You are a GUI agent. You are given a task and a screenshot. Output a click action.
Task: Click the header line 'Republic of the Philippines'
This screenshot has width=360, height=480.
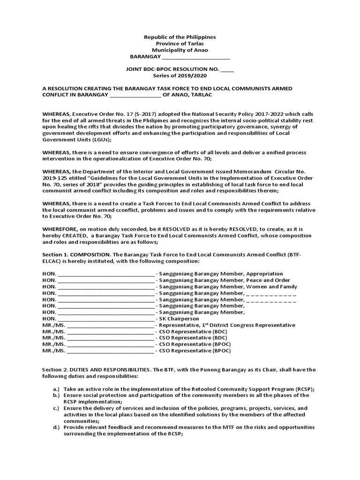coord(180,37)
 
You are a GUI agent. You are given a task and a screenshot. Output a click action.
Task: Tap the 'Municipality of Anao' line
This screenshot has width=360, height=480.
coord(180,50)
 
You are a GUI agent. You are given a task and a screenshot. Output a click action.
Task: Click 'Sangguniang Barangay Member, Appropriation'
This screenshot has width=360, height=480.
coord(221,273)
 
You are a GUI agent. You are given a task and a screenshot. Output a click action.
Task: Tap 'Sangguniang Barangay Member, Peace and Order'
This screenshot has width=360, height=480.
coord(225,280)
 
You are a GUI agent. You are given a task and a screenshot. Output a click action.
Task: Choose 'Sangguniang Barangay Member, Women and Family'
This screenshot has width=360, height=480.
coord(228,286)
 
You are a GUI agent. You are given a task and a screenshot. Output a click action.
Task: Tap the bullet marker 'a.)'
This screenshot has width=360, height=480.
coord(56,389)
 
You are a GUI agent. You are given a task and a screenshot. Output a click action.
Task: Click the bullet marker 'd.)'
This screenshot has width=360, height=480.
coord(56,427)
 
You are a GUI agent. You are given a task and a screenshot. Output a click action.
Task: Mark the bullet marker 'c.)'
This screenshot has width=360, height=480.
coord(56,408)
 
